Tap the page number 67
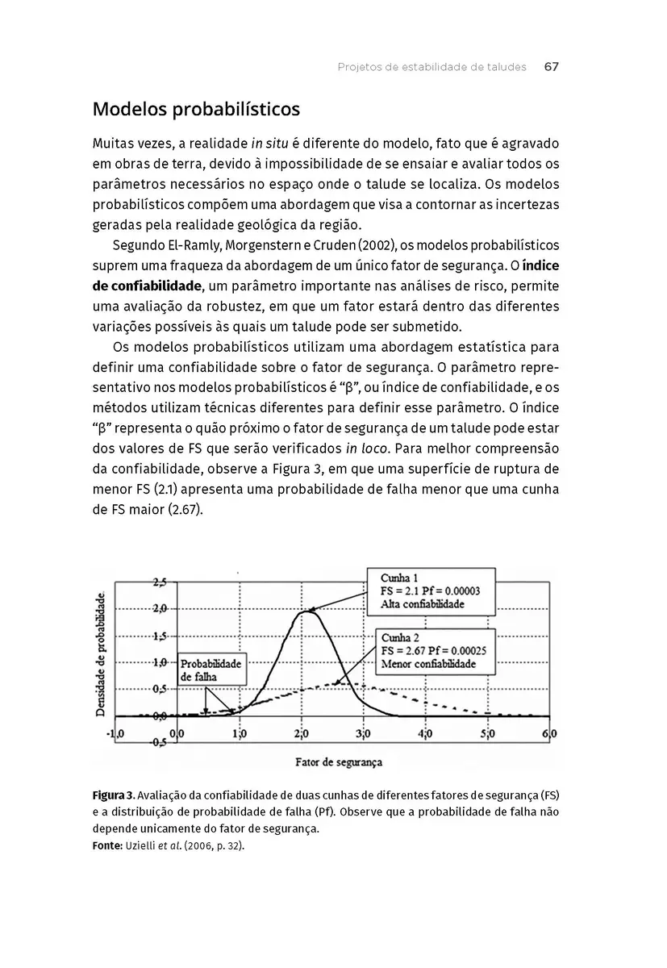click(552, 67)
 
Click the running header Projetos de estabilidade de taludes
click(431, 67)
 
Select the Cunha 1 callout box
click(431, 591)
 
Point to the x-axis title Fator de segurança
click(339, 761)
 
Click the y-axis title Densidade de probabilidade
click(102, 654)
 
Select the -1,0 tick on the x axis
click(115, 734)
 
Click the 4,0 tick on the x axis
click(425, 734)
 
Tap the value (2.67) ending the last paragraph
click(186, 510)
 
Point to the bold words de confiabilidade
click(147, 286)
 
